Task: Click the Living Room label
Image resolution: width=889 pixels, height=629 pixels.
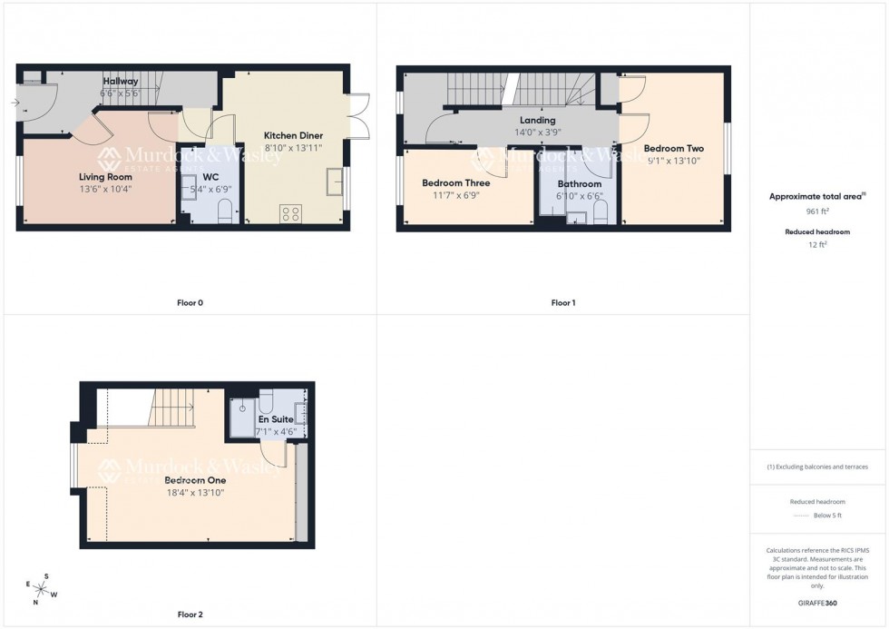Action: pyautogui.click(x=105, y=177)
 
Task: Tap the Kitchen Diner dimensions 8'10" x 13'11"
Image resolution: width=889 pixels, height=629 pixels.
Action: pyautogui.click(x=293, y=147)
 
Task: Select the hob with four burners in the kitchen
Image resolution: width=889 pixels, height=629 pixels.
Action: pyautogui.click(x=292, y=214)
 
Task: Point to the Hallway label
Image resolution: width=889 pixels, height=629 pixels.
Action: pyautogui.click(x=121, y=82)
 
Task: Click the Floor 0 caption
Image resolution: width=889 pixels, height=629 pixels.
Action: pyautogui.click(x=189, y=302)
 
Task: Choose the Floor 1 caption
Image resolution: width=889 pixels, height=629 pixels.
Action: pyautogui.click(x=562, y=302)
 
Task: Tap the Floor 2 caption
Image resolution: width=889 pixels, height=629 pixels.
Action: pyautogui.click(x=190, y=614)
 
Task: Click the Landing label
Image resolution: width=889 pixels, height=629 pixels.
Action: pyautogui.click(x=537, y=120)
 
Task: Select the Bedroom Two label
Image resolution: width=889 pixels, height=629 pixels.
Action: pyautogui.click(x=673, y=149)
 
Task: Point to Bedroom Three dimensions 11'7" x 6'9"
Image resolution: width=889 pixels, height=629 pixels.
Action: pyautogui.click(x=455, y=194)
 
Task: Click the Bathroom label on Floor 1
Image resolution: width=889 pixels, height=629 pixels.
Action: pyautogui.click(x=580, y=184)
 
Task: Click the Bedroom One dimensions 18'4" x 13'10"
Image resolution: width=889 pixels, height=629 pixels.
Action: pyautogui.click(x=194, y=493)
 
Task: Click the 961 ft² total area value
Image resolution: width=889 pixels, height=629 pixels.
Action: pyautogui.click(x=818, y=211)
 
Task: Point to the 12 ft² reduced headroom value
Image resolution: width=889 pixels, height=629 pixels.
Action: pyautogui.click(x=818, y=244)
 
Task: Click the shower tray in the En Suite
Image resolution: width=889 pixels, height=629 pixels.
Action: pyautogui.click(x=243, y=417)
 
